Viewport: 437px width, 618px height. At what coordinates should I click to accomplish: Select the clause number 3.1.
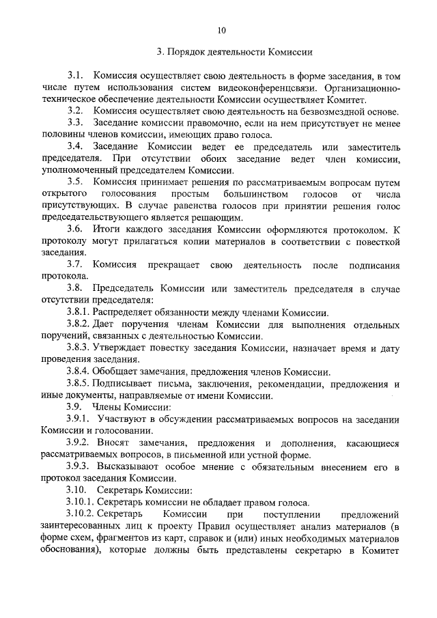(x=75, y=75)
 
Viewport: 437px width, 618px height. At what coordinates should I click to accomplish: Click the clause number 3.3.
(x=75, y=122)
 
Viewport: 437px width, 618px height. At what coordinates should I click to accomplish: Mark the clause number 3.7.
(x=75, y=264)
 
